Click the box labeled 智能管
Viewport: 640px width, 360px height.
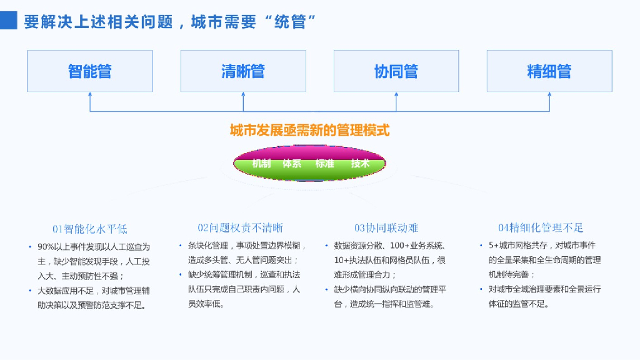click(x=90, y=71)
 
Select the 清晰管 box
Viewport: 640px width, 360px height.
click(x=243, y=71)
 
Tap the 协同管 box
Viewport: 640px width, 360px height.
click(x=396, y=71)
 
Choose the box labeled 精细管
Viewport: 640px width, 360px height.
click(x=549, y=71)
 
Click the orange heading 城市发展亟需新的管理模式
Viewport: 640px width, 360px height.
click(x=309, y=131)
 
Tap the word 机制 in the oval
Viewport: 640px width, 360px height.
click(x=261, y=164)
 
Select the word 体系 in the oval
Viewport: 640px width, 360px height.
click(x=292, y=164)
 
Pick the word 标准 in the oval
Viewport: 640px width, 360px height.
click(x=324, y=164)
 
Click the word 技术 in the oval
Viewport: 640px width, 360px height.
click(x=360, y=164)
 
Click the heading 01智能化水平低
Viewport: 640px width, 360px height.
click(x=89, y=229)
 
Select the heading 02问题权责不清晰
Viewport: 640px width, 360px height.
click(x=241, y=228)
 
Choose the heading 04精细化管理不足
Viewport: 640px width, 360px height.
click(x=541, y=228)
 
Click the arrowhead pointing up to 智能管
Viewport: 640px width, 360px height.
click(x=90, y=96)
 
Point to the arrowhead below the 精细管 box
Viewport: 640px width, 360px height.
click(x=549, y=96)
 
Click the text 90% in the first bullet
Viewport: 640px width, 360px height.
click(x=46, y=247)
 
